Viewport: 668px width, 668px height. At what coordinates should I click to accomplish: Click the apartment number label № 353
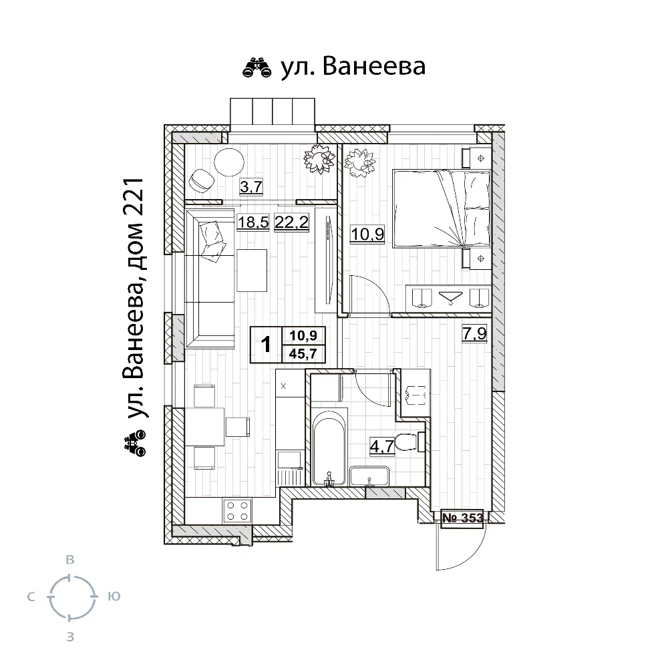(463, 518)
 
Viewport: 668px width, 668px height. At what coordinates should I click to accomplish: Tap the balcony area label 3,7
(251, 186)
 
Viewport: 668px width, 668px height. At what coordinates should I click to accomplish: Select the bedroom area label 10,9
(367, 234)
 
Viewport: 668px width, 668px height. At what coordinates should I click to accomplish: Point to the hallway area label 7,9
(474, 333)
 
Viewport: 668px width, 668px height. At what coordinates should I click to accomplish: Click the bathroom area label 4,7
(382, 448)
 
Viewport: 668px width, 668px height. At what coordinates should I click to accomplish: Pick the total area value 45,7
(303, 353)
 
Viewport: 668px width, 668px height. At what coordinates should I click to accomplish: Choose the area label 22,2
(292, 222)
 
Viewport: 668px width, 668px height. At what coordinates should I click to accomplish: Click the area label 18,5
(253, 222)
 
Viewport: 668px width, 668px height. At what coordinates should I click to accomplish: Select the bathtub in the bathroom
(329, 448)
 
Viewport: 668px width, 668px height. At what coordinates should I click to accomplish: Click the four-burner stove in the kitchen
(237, 511)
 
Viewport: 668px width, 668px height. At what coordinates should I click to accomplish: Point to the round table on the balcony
(229, 162)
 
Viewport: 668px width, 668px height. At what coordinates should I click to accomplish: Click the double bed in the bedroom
(442, 208)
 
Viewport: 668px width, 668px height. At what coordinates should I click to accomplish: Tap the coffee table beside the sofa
(252, 271)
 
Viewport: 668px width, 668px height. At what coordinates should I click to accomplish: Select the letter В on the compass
(70, 560)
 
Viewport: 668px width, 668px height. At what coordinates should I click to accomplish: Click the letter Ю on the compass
(114, 597)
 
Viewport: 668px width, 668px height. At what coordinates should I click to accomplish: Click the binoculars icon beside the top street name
(257, 68)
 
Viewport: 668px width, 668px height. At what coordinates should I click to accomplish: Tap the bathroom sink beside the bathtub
(369, 476)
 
